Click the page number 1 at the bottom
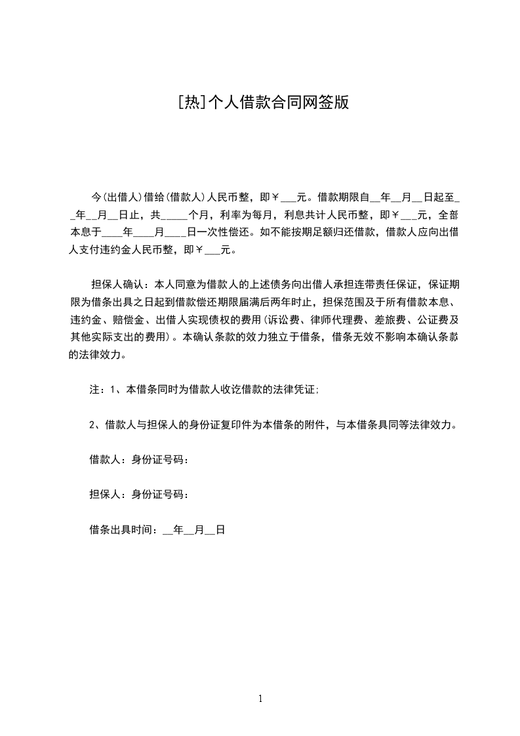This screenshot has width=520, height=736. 260,699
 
